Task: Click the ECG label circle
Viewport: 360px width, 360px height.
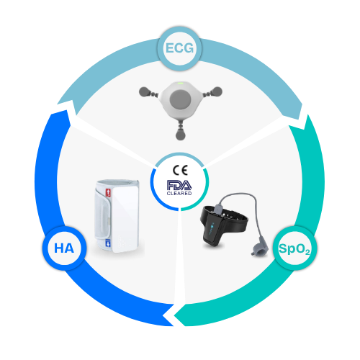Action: [179, 49]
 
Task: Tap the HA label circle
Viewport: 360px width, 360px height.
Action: [64, 248]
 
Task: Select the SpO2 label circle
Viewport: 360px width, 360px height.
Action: [295, 248]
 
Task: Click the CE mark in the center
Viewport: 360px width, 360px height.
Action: [180, 171]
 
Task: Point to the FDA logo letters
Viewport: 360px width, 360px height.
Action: [179, 185]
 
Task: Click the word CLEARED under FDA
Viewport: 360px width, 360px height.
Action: [179, 193]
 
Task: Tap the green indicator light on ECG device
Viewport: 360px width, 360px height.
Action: [181, 84]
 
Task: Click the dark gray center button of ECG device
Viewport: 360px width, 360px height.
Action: [180, 99]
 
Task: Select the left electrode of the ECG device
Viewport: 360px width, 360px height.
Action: [145, 91]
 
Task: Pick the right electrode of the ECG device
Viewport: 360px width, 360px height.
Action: [216, 91]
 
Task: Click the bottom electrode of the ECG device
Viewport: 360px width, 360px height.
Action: [180, 134]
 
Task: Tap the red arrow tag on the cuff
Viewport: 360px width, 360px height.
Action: [108, 193]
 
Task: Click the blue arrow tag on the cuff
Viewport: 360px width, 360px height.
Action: [108, 243]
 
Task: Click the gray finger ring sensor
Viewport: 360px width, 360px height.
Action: [259, 247]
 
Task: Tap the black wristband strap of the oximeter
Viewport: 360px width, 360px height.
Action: [225, 217]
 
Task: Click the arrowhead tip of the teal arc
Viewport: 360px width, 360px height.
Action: [174, 315]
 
